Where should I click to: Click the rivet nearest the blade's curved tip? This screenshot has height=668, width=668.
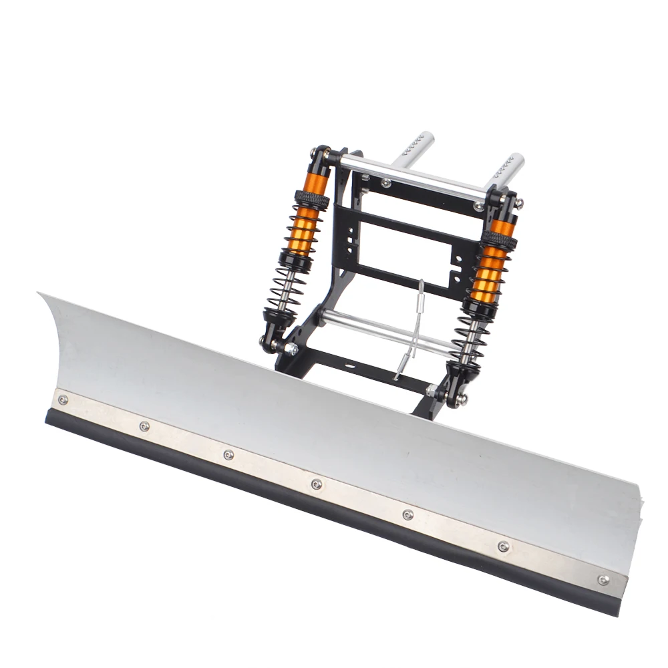point(63,399)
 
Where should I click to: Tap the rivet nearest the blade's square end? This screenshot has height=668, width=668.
point(603,580)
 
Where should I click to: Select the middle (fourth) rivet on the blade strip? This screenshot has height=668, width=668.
point(317,484)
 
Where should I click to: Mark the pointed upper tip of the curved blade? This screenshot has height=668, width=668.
point(40,294)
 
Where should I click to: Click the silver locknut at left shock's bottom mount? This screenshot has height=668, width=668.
point(291,349)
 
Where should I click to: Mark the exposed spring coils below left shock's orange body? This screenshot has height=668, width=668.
point(287,284)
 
